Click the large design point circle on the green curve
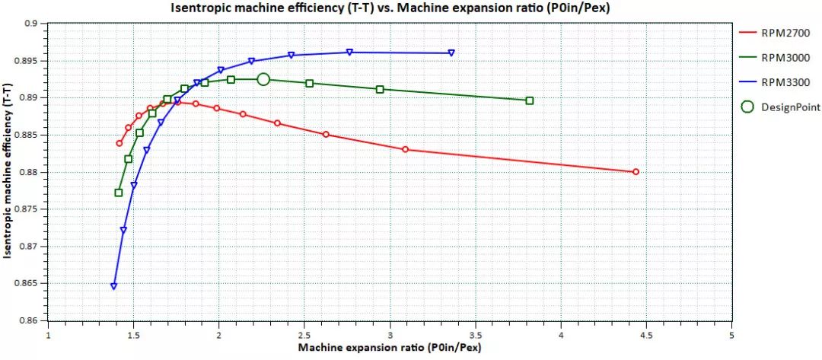[263, 79]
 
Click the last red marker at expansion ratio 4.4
[636, 172]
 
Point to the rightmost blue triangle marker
[451, 53]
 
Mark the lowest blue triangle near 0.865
[113, 287]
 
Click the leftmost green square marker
[119, 193]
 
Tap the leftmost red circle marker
[119, 143]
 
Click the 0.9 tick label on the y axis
[32, 24]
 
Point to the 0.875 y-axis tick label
[27, 209]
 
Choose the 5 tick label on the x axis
[731, 334]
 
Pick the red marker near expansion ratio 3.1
[405, 149]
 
